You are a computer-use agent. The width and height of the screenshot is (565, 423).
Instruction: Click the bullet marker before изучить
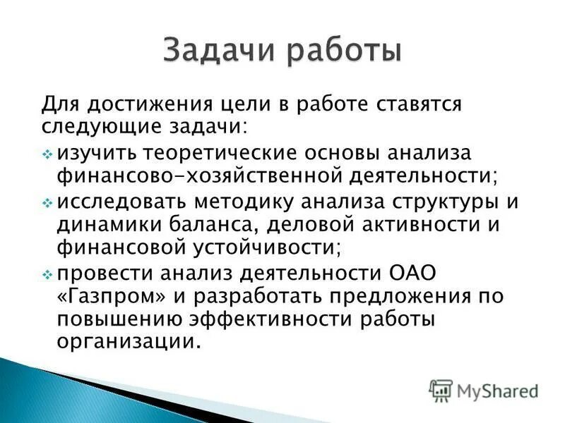pyautogui.click(x=47, y=154)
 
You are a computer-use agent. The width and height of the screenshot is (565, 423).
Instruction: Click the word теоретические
pyautogui.click(x=222, y=153)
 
